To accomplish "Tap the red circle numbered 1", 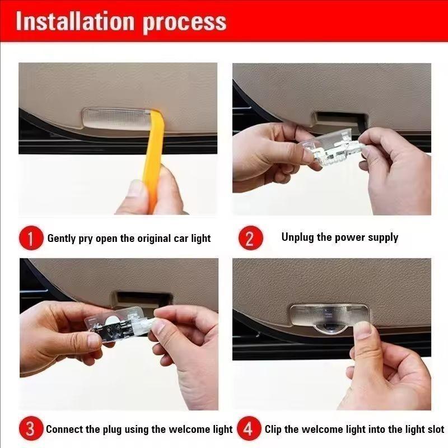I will point(31,239).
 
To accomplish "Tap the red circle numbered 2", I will point(250,239).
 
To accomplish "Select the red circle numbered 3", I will point(31,430).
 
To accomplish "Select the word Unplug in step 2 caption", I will point(298,237).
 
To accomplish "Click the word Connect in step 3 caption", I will point(65,430).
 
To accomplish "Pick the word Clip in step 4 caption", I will point(273,430).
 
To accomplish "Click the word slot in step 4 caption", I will point(434,430).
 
